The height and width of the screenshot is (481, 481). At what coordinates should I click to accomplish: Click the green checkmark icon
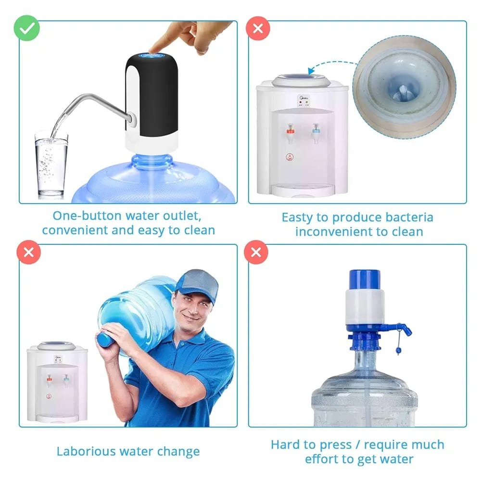click(26, 28)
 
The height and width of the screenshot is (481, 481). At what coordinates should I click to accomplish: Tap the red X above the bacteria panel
click(258, 28)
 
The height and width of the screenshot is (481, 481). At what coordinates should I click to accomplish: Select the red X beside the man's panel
click(28, 252)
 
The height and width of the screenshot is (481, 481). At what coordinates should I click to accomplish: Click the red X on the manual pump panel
click(256, 252)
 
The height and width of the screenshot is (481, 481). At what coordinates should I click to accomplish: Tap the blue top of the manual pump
click(365, 279)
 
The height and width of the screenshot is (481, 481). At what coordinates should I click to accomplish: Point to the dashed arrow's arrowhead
click(311, 71)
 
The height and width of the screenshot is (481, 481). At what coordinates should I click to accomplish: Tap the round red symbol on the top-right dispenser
click(290, 157)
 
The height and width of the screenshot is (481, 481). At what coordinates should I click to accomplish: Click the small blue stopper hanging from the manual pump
click(398, 350)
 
